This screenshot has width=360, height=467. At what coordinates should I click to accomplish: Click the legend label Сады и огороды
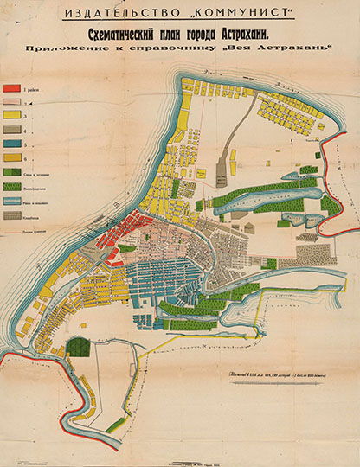coord(40,173)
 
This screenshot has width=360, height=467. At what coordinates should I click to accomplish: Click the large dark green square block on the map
coord(78,347)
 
